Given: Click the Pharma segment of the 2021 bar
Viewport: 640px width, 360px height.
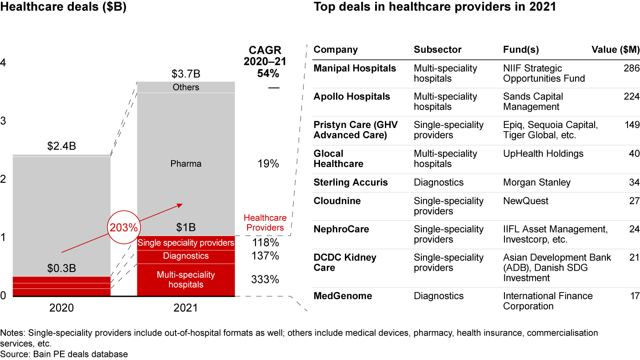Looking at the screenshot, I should point(186,164).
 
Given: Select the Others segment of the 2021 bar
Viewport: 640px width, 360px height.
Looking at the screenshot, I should point(186,87).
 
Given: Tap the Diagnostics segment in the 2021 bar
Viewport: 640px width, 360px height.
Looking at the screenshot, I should point(186,256).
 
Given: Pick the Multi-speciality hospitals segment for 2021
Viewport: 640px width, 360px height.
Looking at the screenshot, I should point(186,280).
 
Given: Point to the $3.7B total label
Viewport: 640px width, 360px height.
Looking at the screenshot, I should point(186,72).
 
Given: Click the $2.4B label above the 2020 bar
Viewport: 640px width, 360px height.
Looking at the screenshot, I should point(62,146).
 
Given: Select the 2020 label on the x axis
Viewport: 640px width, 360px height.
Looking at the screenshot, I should point(62,308).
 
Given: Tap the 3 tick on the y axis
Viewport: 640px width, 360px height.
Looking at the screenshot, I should point(4,121).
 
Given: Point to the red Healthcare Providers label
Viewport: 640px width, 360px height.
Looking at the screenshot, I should point(265,223).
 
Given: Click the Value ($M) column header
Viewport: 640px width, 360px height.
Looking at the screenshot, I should point(615,50).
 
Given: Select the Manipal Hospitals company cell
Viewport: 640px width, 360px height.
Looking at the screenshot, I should point(355,68).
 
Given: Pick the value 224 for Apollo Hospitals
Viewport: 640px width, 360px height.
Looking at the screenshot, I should point(632,97).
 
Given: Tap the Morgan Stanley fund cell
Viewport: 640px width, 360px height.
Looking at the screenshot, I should point(536,183).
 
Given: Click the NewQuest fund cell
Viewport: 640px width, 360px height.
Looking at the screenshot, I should point(526,201).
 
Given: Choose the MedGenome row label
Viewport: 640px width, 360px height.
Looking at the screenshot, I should point(343,296).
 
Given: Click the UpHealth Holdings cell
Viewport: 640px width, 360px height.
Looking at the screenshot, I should point(543,154).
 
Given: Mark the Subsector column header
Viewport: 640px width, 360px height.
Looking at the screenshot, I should point(437,50).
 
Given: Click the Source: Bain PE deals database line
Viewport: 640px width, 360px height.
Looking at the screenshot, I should point(64,354).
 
